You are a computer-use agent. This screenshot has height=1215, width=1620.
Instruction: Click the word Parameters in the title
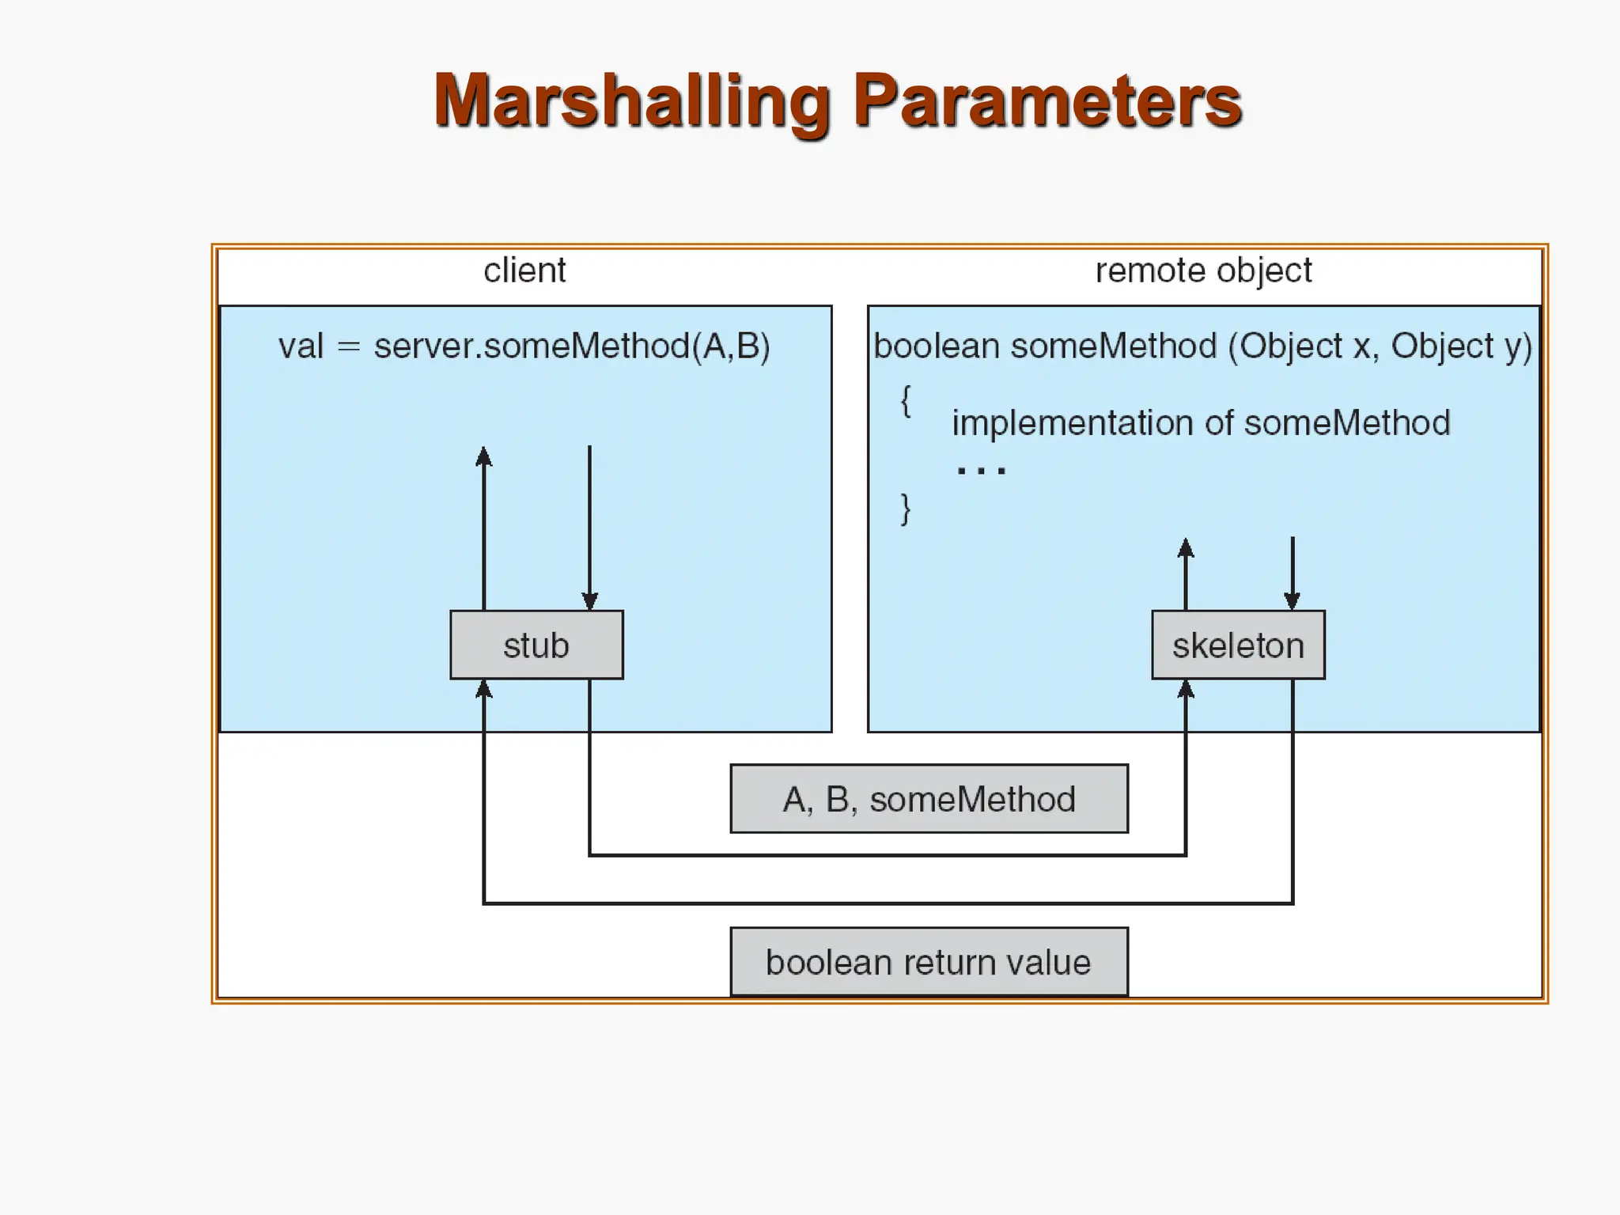[x=1047, y=101]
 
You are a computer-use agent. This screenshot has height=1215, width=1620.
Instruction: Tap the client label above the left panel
[x=524, y=271]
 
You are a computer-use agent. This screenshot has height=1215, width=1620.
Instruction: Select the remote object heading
[x=1203, y=271]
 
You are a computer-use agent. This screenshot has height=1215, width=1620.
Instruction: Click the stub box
[x=536, y=645]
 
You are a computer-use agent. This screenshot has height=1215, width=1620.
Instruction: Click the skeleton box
[x=1238, y=645]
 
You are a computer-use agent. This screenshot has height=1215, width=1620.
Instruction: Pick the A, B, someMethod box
[x=929, y=799]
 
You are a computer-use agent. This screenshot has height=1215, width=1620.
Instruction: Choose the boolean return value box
[x=929, y=962]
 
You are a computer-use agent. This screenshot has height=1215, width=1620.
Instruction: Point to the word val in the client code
[x=301, y=346]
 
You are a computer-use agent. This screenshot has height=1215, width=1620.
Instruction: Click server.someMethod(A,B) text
[x=572, y=346]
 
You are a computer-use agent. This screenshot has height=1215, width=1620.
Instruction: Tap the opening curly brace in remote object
[x=906, y=401]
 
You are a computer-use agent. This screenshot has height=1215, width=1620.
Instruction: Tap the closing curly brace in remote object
[x=906, y=509]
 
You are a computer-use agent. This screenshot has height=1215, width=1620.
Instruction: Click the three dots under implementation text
[x=981, y=471]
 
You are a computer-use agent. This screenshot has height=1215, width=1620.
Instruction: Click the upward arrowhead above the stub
[x=484, y=456]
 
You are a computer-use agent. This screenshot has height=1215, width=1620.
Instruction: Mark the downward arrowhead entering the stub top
[x=589, y=600]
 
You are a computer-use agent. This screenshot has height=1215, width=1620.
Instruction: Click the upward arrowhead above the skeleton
[x=1185, y=547]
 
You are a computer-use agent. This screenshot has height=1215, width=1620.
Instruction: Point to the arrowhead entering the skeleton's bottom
[x=1185, y=689]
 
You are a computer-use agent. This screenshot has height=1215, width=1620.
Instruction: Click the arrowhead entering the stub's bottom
[x=484, y=689]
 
